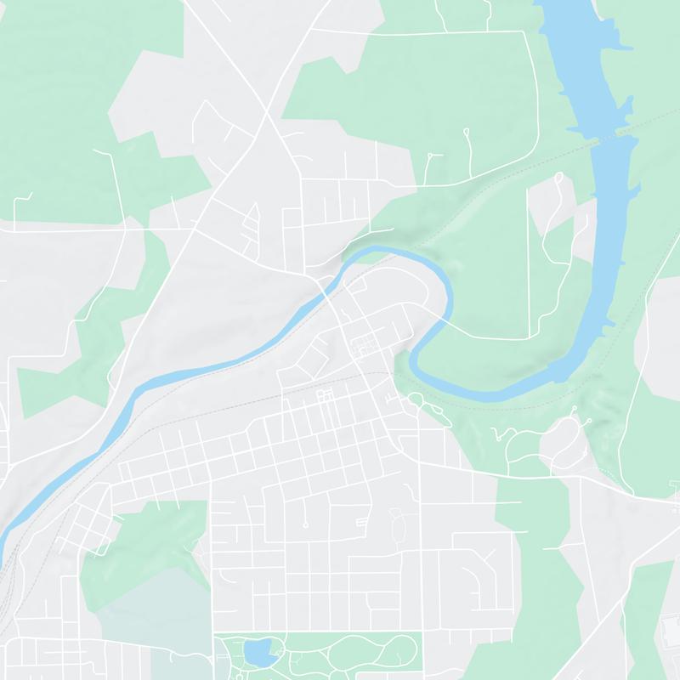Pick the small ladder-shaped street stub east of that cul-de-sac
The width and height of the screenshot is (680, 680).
(362, 520)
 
